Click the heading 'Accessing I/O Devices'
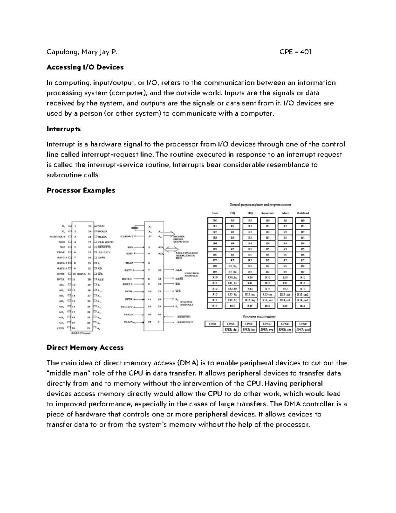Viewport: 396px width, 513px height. coord(85,67)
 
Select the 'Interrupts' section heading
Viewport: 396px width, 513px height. coord(63,129)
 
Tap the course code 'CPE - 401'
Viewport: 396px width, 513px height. coord(295,52)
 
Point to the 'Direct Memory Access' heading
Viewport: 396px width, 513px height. coord(85,348)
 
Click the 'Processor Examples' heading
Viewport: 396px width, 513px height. coord(81,190)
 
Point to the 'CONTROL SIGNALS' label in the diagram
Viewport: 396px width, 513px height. coord(191,275)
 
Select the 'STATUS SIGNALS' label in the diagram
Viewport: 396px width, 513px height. coord(186,303)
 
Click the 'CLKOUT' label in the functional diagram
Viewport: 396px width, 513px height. coord(127,236)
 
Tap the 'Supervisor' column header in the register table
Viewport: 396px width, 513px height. coord(268,213)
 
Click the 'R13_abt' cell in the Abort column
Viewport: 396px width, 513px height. coord(285,294)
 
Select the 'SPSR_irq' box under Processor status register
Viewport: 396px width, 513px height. coord(248,329)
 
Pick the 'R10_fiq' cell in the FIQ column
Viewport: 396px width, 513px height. coord(232,277)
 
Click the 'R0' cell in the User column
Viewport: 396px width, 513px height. coord(215,220)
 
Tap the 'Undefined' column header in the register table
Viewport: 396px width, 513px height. coord(303,213)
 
